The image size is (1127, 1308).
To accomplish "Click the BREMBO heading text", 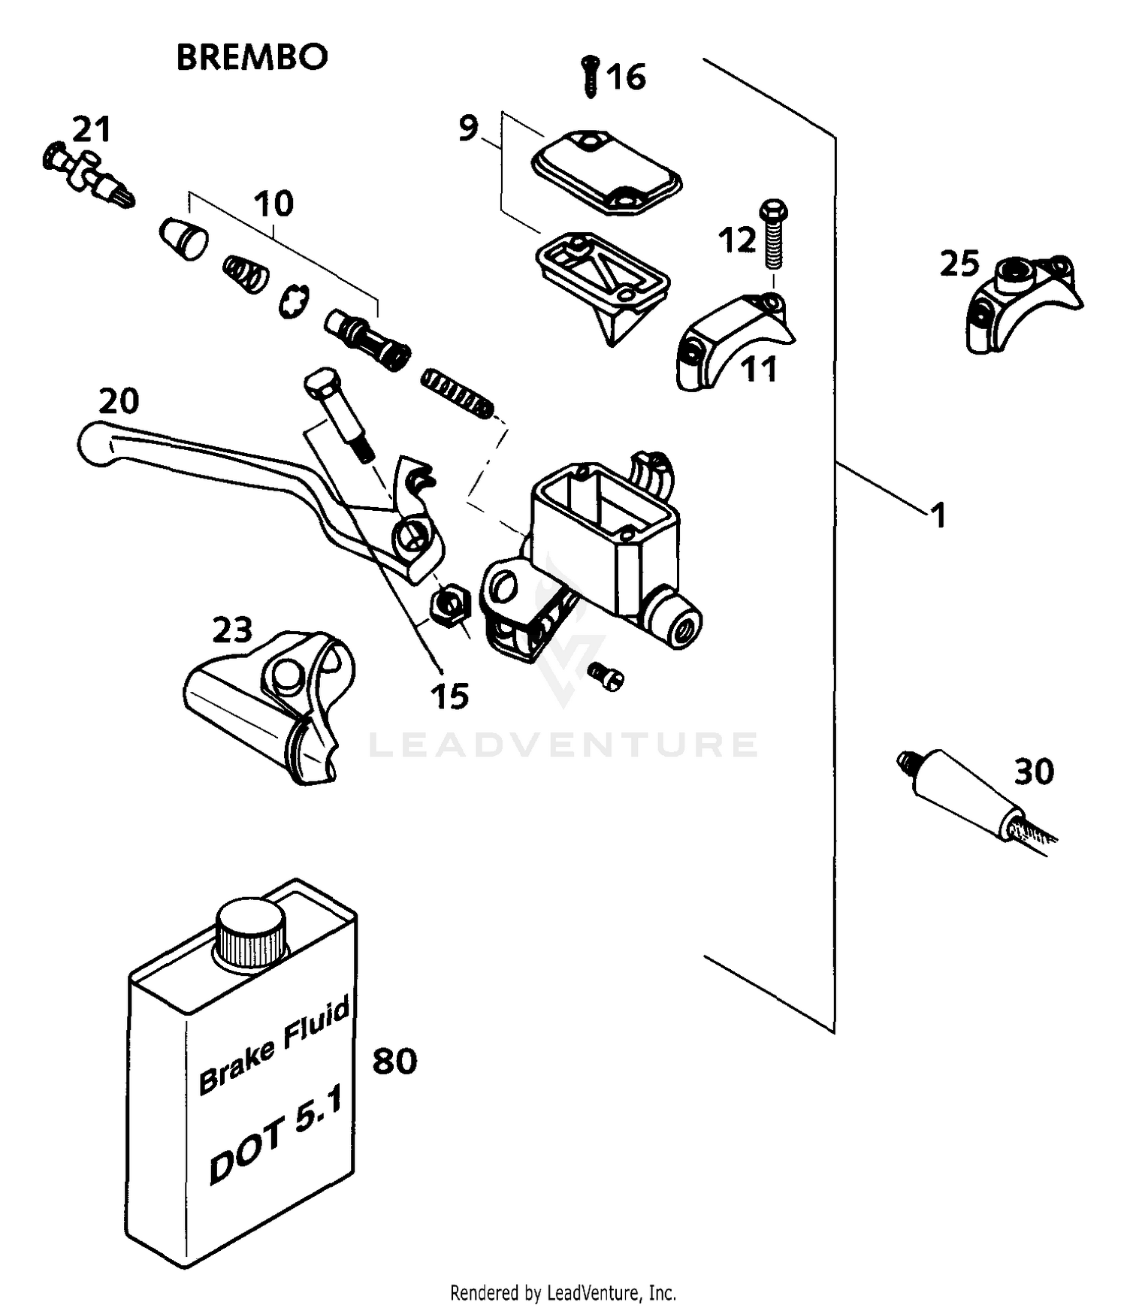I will point(252,57).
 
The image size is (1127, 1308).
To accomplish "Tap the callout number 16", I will point(626,77).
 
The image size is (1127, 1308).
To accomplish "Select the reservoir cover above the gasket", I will point(606,170).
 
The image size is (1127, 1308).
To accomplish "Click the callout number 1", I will point(937,515).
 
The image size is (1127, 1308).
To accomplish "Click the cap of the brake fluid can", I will point(252,932).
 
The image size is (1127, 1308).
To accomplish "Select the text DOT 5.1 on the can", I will point(275,1134).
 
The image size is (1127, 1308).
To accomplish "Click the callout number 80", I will point(394,1061).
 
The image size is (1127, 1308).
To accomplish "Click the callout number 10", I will point(273,204).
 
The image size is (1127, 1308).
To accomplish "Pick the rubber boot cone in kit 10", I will point(184,238).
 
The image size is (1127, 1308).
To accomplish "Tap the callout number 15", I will point(449,696).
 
